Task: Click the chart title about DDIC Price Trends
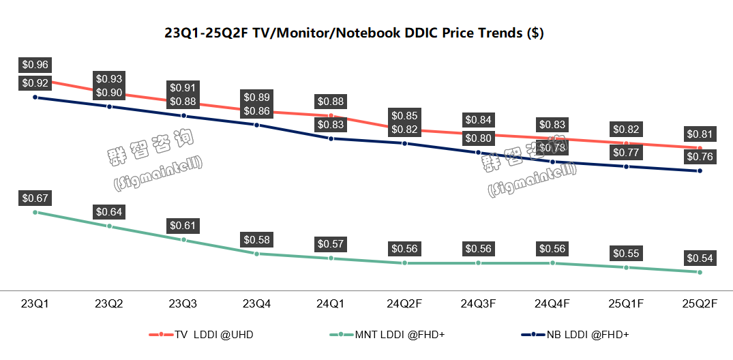354,33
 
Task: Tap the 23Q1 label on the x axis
34,303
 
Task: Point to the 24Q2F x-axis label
404,303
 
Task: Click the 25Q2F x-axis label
700,303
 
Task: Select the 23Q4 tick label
256,303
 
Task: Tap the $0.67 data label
35,198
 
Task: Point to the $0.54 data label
700,258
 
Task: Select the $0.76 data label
700,157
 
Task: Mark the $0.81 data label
700,134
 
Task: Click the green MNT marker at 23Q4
256,254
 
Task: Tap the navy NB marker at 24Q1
331,138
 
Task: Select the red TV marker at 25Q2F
700,148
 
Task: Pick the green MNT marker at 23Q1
35,212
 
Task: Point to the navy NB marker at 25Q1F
626,166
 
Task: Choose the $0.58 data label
256,239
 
